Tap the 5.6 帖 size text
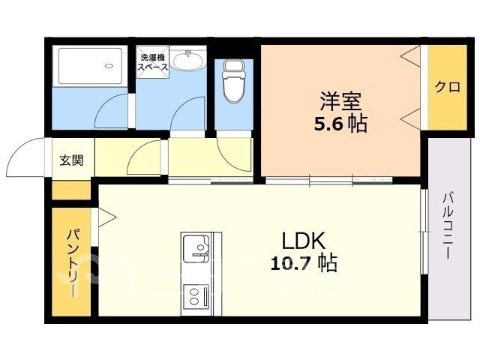click(x=340, y=124)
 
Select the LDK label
click(x=303, y=241)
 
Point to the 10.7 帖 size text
click(x=304, y=262)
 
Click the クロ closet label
click(x=447, y=87)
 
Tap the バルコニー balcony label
click(x=448, y=226)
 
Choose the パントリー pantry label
click(x=73, y=262)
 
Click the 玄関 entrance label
click(x=71, y=160)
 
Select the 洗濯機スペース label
click(x=152, y=62)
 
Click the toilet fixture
click(x=234, y=81)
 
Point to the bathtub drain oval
click(x=109, y=65)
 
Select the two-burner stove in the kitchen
click(x=196, y=296)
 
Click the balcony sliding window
click(x=424, y=232)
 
